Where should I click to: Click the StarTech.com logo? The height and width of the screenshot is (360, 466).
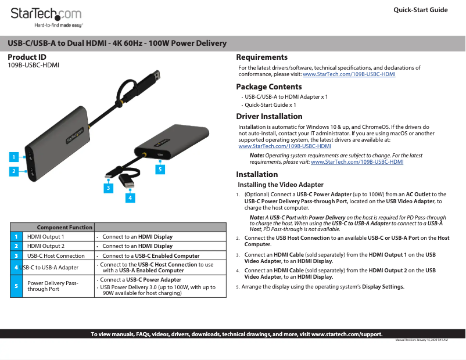pos(46,16)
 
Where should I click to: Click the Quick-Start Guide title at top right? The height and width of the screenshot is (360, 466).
pos(420,10)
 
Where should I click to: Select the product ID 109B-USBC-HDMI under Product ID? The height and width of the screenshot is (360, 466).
pos(33,65)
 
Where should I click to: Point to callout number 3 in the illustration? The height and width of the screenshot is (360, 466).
pos(108,188)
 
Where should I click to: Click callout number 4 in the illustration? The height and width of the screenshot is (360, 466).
pos(131,198)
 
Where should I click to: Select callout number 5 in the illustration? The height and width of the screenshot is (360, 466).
pos(160,169)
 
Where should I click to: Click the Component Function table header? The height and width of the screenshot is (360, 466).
pos(64,227)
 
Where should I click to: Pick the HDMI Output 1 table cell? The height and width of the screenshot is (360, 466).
pos(46,237)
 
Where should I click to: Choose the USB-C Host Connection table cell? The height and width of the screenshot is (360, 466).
pos(56,255)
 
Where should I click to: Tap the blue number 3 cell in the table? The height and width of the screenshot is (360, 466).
pos(16,255)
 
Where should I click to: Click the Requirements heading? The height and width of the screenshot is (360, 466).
pos(261,57)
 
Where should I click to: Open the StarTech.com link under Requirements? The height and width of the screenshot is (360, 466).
pos(349,74)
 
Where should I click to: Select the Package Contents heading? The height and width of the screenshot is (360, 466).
pos(268,87)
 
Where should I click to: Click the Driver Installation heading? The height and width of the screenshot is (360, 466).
pos(269,116)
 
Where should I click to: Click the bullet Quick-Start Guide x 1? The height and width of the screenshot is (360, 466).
pos(270,105)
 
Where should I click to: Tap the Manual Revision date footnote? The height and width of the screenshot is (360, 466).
pos(421,340)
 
